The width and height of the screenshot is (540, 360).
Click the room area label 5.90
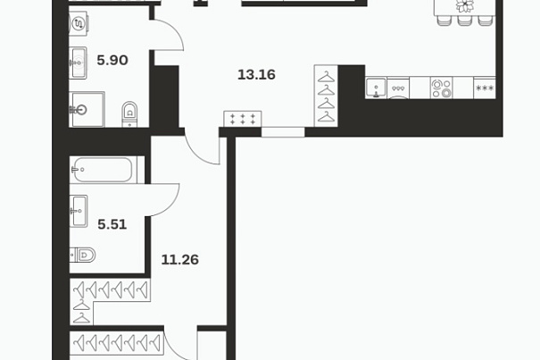click(112, 61)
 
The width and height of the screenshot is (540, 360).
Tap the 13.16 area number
click(256, 75)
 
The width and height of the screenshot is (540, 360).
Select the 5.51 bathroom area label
click(112, 224)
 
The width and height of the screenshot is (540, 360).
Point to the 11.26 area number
click(179, 260)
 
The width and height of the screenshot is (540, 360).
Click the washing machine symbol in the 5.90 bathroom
click(79, 23)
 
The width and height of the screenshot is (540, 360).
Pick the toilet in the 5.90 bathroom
click(129, 114)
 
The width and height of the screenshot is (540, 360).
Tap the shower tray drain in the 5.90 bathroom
click(81, 110)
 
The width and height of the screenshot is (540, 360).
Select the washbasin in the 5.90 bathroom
click(78, 63)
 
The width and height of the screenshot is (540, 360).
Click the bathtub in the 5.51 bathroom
click(104, 170)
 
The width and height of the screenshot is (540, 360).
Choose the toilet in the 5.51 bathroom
click(82, 255)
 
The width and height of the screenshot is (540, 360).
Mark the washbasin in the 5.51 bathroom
click(79, 211)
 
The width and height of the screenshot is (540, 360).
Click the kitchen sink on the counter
click(376, 88)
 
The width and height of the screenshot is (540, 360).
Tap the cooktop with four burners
click(441, 88)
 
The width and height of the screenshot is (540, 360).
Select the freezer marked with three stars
click(485, 88)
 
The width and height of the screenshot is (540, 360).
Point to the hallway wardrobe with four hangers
click(326, 96)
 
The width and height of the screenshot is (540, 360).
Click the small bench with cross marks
click(243, 119)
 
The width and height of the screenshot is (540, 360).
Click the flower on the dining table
click(465, 4)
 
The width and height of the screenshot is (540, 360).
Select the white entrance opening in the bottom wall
click(283, 132)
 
